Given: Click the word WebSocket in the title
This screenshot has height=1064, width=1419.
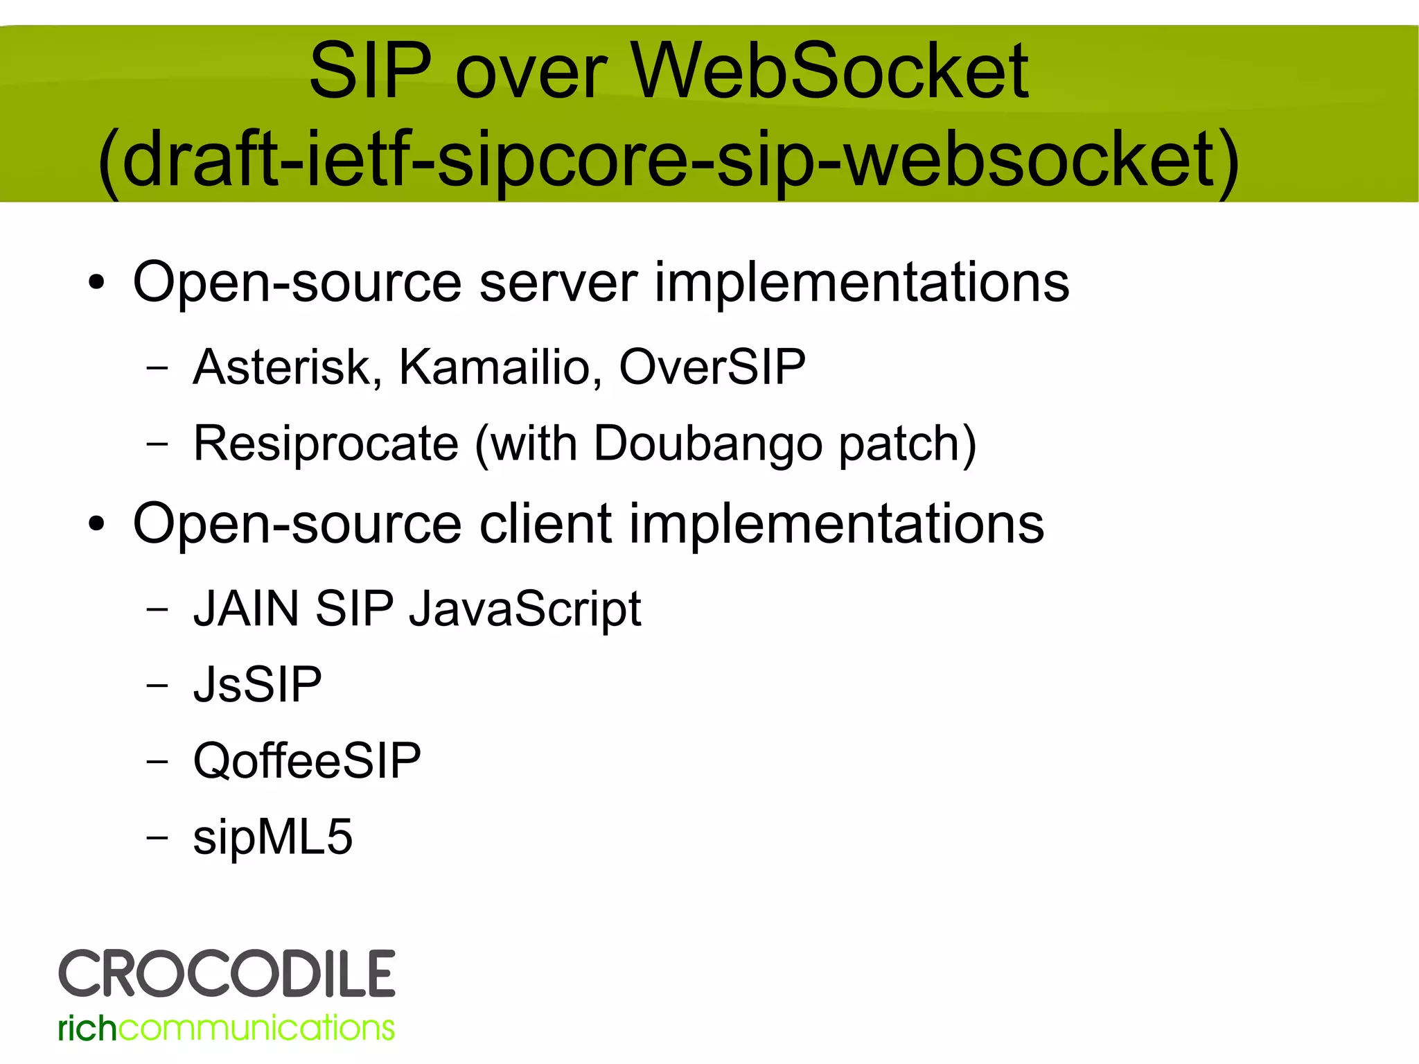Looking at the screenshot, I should (829, 71).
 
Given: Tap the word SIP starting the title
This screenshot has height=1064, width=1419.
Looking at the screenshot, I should (370, 71).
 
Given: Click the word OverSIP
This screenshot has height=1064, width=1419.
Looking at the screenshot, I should (712, 367).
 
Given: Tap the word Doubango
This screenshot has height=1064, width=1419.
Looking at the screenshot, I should (707, 444).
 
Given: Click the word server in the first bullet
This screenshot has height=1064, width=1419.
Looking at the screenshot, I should (558, 283).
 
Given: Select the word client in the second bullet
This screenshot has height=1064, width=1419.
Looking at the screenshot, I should (545, 524).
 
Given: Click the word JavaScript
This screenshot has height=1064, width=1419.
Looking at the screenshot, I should (525, 609).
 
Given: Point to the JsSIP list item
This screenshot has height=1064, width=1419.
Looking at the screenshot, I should (257, 685).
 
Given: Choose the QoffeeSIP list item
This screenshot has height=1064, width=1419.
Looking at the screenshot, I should (307, 761).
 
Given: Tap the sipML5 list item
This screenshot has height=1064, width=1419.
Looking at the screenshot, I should (272, 837).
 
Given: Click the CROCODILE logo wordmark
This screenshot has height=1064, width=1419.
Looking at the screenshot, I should (227, 974).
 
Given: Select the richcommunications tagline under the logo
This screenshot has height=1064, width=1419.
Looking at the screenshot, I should (227, 1028).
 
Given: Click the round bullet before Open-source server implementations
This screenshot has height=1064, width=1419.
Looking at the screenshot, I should (96, 284).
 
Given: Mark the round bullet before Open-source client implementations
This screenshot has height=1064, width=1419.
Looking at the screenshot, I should (96, 525).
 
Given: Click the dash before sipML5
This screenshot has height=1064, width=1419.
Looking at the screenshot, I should (157, 837).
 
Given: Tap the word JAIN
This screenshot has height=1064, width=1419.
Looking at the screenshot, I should (246, 609).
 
